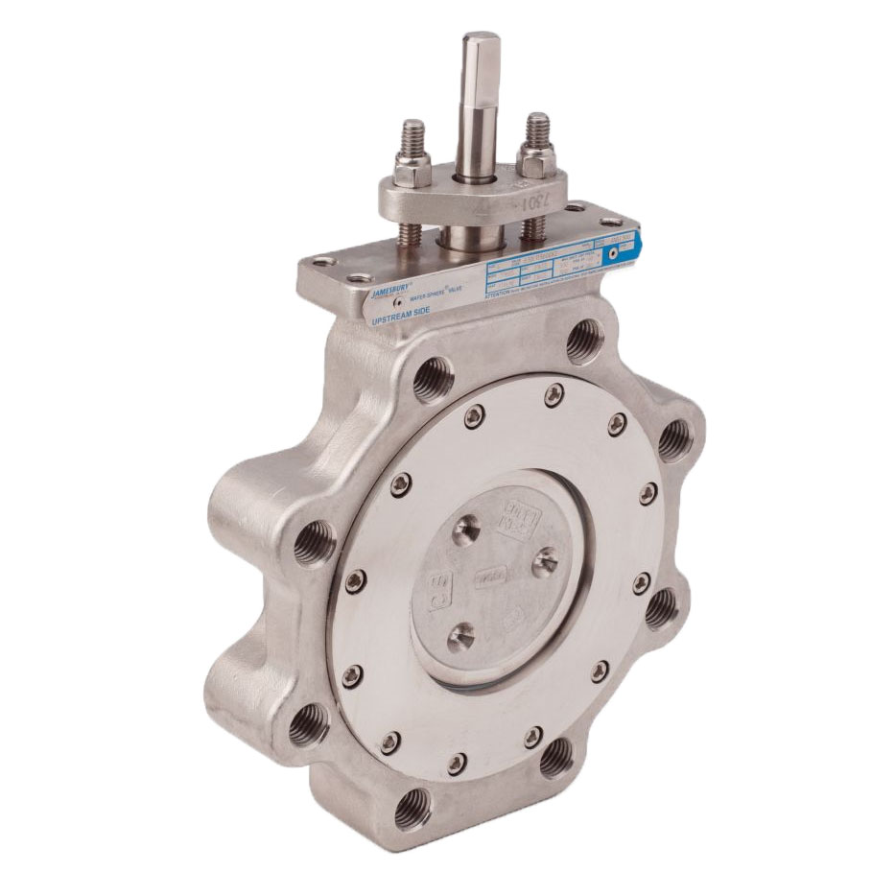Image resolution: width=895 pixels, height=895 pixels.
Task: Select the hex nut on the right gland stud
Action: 534,155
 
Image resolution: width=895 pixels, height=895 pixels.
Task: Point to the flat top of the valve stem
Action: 477,39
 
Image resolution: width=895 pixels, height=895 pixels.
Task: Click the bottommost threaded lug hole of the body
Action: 413,805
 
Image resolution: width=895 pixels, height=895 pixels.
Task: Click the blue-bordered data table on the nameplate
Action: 547,268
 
